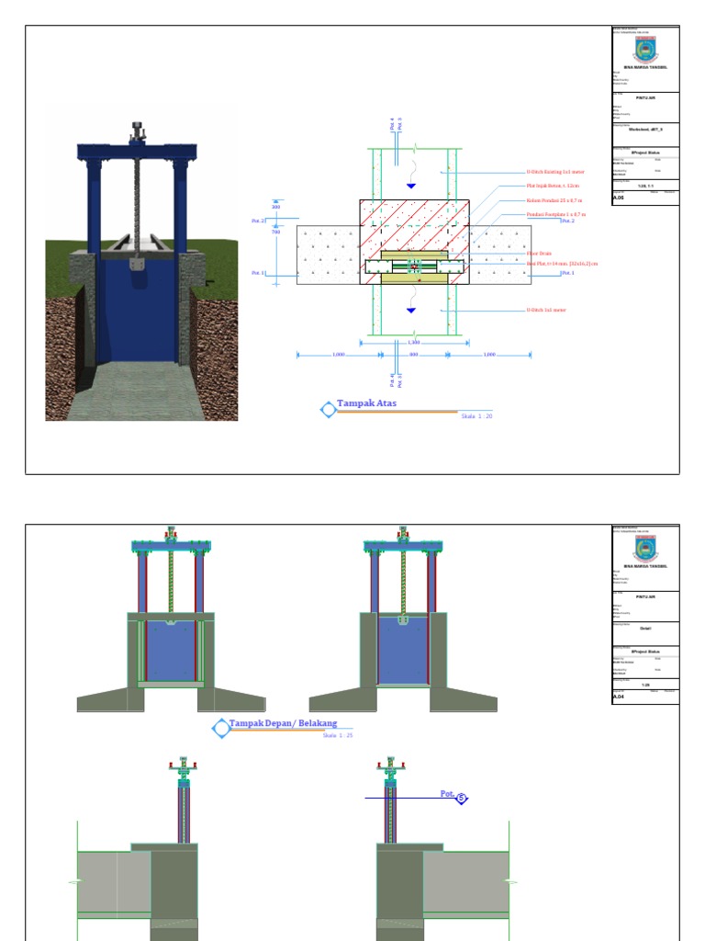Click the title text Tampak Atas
(x=367, y=402)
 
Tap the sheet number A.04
(x=618, y=697)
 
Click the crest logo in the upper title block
(x=645, y=48)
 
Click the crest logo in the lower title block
(x=645, y=549)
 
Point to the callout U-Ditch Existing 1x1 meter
(x=556, y=172)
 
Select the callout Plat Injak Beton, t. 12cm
(x=554, y=186)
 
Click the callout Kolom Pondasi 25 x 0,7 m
(x=556, y=199)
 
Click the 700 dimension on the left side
(x=275, y=232)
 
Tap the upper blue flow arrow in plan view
(x=410, y=187)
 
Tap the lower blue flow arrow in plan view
(x=410, y=310)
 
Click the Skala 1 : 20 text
(x=476, y=416)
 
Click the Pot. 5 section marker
(x=453, y=796)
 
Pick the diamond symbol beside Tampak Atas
(x=328, y=410)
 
